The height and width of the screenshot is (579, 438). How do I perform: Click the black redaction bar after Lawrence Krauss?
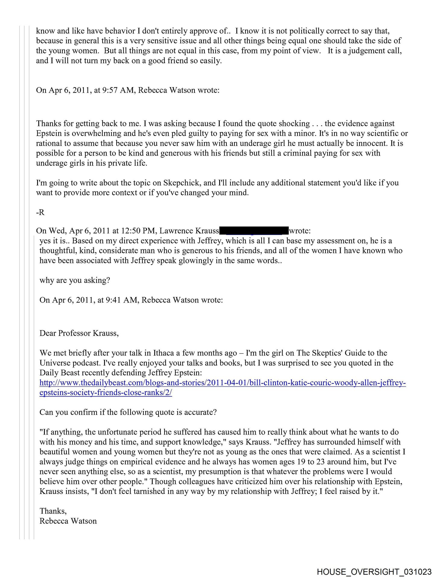coord(254,231)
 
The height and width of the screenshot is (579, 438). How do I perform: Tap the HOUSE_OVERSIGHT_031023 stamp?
coord(374,571)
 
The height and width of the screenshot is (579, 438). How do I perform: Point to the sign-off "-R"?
coord(40,212)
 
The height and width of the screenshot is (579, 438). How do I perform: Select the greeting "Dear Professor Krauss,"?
coord(79,333)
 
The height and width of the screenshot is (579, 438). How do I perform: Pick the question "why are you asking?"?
coord(75,280)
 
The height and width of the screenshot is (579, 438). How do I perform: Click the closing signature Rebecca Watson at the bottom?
coord(68,521)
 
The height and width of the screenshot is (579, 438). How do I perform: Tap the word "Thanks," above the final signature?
coord(53,511)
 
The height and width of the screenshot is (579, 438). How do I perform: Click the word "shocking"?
coord(294,123)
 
